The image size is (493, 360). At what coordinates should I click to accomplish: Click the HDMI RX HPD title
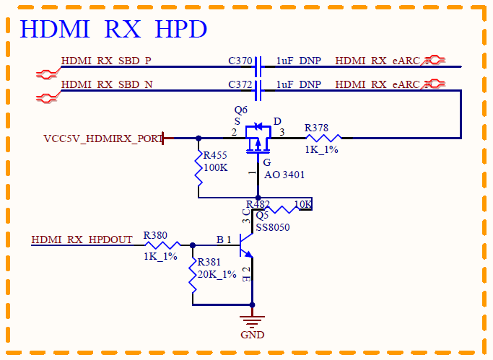pyautogui.click(x=113, y=29)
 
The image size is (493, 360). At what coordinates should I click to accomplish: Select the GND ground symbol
pyautogui.click(x=252, y=322)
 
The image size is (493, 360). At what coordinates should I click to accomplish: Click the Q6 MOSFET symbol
pyautogui.click(x=258, y=139)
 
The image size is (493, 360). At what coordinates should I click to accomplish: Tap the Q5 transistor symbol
pyautogui.click(x=246, y=245)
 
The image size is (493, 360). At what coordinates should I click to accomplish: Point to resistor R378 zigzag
pyautogui.click(x=323, y=138)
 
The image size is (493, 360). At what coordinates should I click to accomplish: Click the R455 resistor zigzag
pyautogui.click(x=198, y=168)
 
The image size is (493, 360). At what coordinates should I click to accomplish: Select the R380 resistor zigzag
pyautogui.click(x=162, y=245)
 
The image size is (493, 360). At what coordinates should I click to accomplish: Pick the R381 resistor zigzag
pyautogui.click(x=193, y=275)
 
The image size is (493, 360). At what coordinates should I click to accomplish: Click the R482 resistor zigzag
pyautogui.click(x=282, y=209)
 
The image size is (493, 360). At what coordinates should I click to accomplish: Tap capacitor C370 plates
pyautogui.click(x=258, y=66)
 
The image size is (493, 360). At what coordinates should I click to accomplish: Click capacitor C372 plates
pyautogui.click(x=258, y=90)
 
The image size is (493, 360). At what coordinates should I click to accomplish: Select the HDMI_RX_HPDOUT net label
pyautogui.click(x=82, y=240)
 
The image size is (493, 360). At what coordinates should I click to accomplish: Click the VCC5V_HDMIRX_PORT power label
pyautogui.click(x=103, y=139)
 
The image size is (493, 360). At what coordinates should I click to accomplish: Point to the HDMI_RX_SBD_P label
pyautogui.click(x=106, y=61)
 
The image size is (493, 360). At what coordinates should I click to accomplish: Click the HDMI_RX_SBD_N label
pyautogui.click(x=107, y=84)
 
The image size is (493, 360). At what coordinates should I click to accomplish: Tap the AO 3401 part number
pyautogui.click(x=284, y=175)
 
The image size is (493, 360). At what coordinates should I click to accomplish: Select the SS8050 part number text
pyautogui.click(x=273, y=227)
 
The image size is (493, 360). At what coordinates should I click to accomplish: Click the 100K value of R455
pyautogui.click(x=216, y=167)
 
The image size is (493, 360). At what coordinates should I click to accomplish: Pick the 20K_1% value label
pyautogui.click(x=217, y=274)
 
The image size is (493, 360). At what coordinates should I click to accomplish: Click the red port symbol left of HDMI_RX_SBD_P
pyautogui.click(x=47, y=74)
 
